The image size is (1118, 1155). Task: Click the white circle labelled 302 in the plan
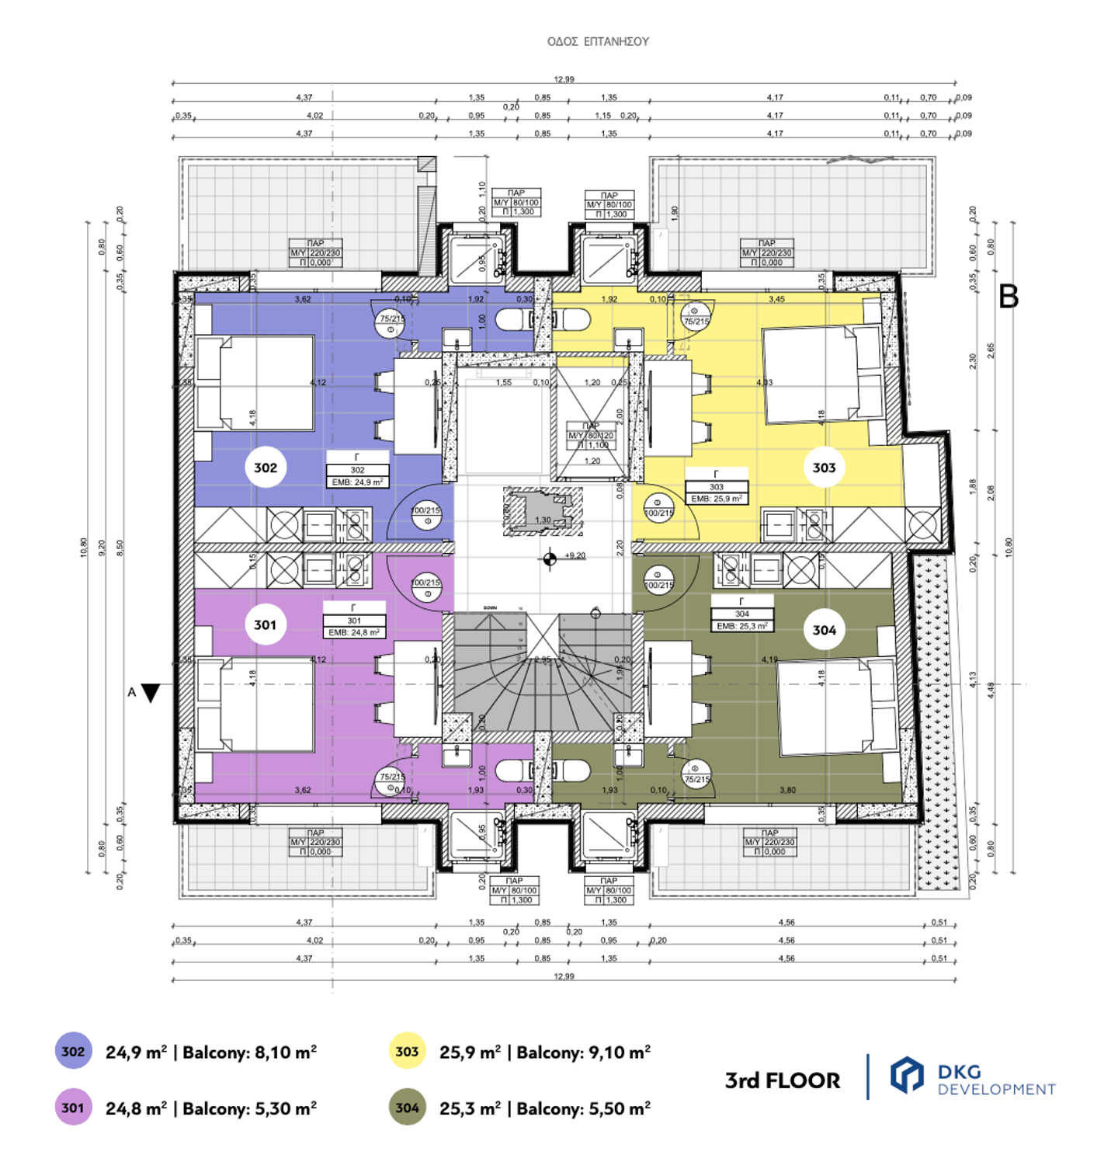(266, 468)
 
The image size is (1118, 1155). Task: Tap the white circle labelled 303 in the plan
(824, 468)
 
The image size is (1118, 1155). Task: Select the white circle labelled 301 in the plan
(265, 625)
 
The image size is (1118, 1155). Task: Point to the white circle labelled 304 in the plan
(824, 630)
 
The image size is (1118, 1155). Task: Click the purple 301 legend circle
(73, 1108)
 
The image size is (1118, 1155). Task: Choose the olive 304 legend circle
(407, 1108)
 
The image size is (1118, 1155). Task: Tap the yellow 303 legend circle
(407, 1052)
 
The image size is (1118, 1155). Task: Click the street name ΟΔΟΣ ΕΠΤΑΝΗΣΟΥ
(598, 42)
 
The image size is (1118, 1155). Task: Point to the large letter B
(1008, 296)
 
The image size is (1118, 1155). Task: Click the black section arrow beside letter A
(151, 693)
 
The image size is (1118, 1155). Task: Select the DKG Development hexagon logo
(906, 1077)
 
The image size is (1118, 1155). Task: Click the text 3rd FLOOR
(782, 1080)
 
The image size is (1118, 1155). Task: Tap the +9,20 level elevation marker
(550, 558)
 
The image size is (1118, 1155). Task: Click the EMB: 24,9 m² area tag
(357, 482)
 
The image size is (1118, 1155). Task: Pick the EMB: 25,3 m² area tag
(742, 626)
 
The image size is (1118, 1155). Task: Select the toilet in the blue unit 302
(512, 320)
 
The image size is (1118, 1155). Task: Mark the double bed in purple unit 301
(256, 704)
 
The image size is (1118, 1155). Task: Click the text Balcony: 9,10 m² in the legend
(583, 1052)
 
